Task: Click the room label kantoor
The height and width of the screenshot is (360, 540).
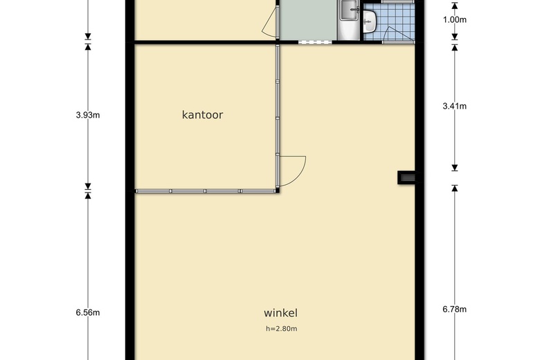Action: click(x=202, y=115)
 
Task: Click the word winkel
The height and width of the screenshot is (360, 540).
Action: click(x=280, y=313)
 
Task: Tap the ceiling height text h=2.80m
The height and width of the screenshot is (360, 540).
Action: click(x=281, y=329)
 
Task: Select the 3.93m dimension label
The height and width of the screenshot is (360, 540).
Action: click(x=88, y=115)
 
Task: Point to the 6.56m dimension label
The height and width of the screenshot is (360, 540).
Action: click(x=88, y=312)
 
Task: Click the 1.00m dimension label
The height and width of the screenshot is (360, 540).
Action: click(x=455, y=19)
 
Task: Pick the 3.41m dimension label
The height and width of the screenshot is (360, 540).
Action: click(x=455, y=106)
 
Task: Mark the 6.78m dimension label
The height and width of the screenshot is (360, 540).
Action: click(x=455, y=309)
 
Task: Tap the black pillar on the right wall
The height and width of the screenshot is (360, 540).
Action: click(x=406, y=177)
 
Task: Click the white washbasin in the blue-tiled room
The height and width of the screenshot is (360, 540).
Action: click(x=369, y=21)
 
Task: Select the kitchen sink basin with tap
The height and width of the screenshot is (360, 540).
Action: click(x=349, y=10)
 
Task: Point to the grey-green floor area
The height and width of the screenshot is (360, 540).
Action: click(x=308, y=20)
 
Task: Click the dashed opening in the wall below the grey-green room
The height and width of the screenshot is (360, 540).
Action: click(x=315, y=42)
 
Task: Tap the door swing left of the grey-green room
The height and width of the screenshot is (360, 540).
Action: click(x=270, y=22)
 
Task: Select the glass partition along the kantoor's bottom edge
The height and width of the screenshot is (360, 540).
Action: click(x=206, y=191)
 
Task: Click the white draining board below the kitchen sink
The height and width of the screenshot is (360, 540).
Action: click(x=348, y=30)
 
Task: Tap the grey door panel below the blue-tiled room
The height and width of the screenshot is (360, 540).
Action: click(x=398, y=42)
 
